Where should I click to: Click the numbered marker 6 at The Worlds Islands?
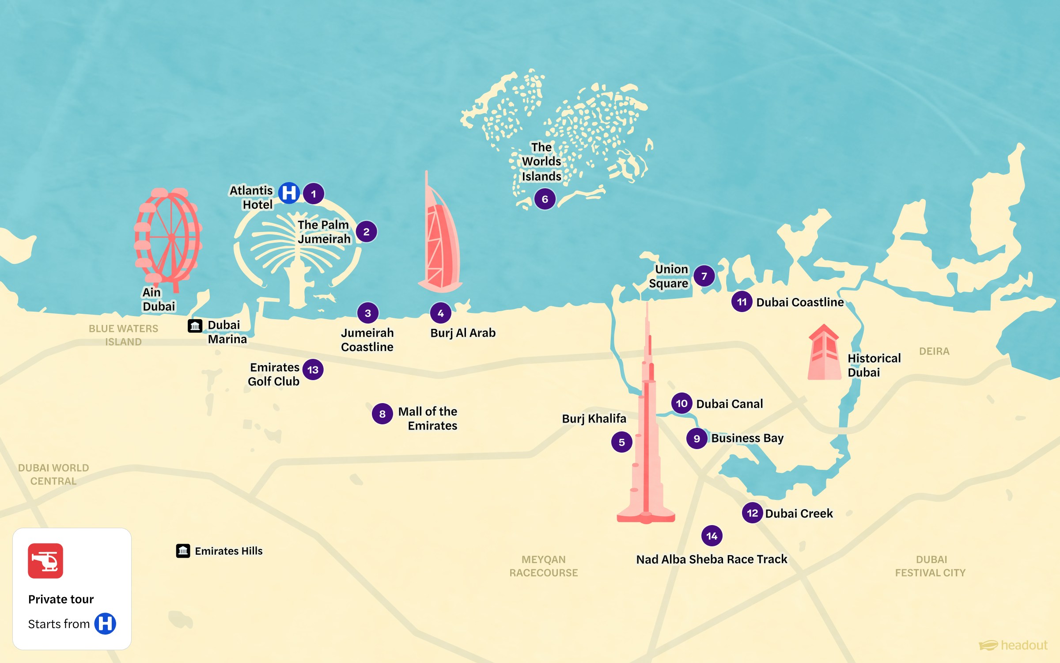(545, 199)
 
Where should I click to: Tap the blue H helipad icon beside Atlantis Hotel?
(289, 193)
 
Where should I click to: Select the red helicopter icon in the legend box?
(45, 560)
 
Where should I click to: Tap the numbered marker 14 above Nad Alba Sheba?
(712, 536)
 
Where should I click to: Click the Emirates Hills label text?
(228, 551)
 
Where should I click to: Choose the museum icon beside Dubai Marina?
(195, 326)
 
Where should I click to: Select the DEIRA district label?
(934, 351)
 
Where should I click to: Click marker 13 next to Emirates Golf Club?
(313, 370)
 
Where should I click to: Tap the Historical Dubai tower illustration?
(824, 354)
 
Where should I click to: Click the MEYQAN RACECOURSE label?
(543, 566)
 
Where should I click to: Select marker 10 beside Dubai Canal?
(681, 403)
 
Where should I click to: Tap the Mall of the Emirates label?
(428, 418)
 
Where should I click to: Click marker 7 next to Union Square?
(704, 276)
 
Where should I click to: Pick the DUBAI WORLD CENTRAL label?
(53, 474)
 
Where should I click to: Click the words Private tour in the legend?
(61, 599)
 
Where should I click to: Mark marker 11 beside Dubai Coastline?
(742, 302)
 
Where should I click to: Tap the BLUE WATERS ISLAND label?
(123, 335)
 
